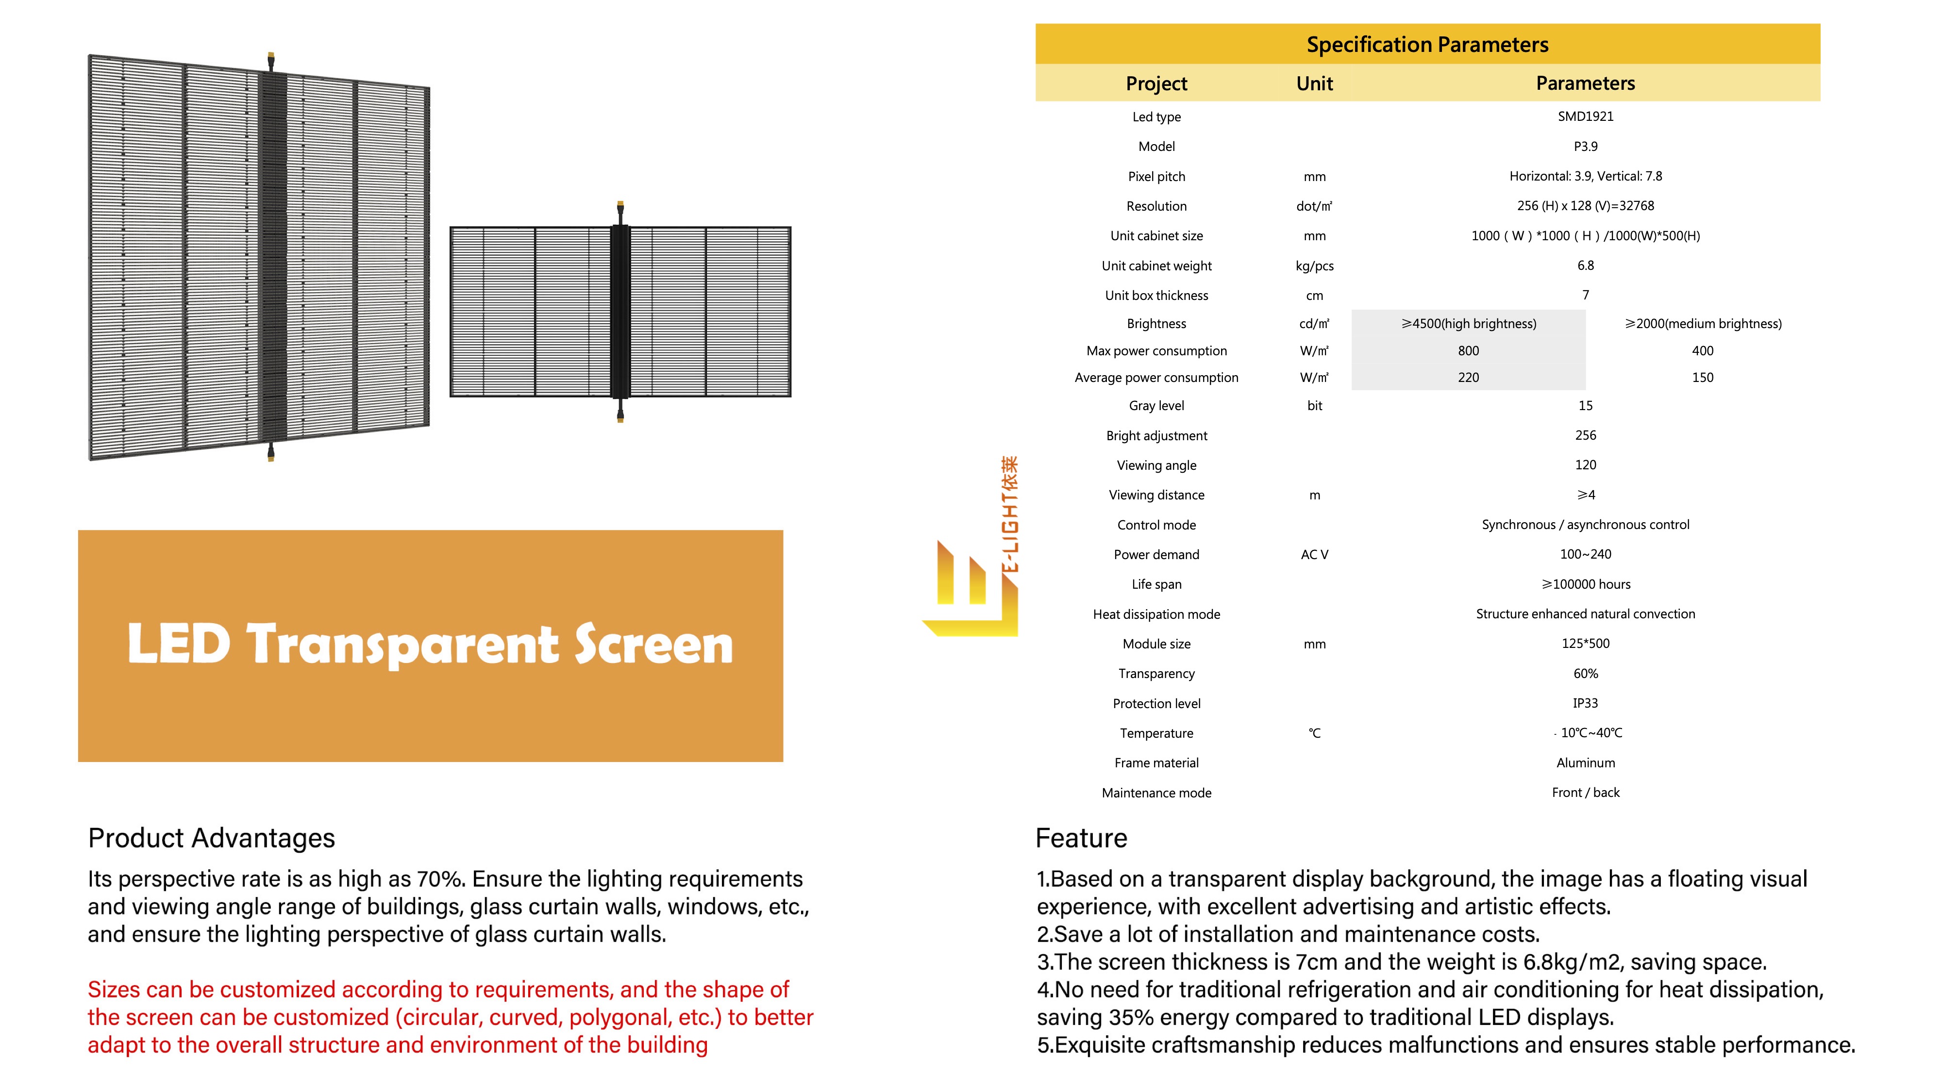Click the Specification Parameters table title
(x=1427, y=45)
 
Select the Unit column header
(x=1314, y=83)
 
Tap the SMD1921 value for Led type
(x=1586, y=116)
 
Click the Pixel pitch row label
(x=1156, y=176)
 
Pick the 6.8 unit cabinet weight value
(x=1586, y=265)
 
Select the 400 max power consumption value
(x=1702, y=350)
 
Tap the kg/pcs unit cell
(x=1314, y=266)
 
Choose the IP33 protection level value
(x=1586, y=703)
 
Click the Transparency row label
(x=1156, y=674)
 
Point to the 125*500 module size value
(x=1586, y=644)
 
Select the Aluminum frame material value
(x=1586, y=762)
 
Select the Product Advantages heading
(x=211, y=838)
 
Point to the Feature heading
(x=1081, y=838)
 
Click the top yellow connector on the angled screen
(x=270, y=60)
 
